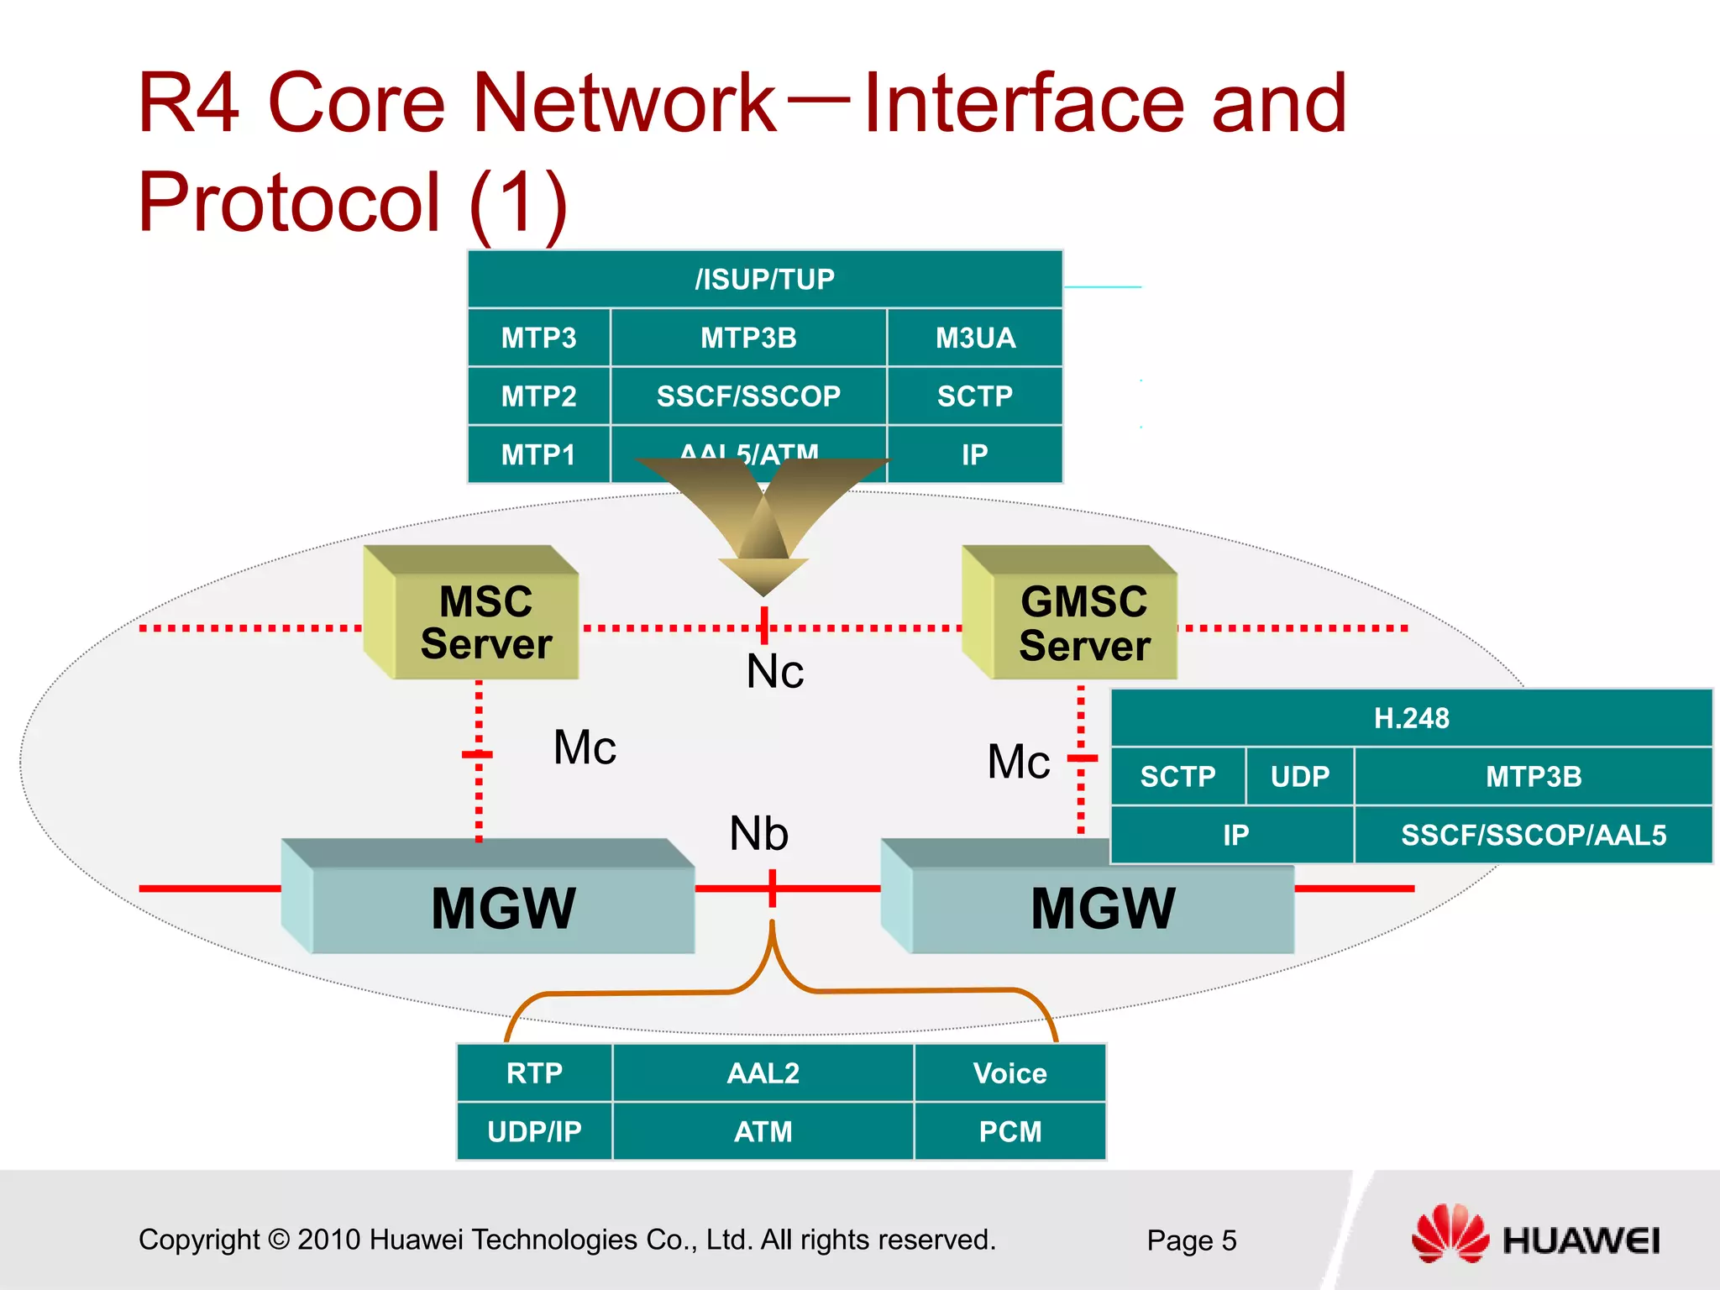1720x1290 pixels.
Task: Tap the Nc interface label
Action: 774,672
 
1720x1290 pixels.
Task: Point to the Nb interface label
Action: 758,834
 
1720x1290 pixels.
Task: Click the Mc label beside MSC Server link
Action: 585,747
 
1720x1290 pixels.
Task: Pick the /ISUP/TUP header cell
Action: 764,279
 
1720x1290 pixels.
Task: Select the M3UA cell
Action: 975,338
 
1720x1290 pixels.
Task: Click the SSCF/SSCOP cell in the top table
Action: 748,396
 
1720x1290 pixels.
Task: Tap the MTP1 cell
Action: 538,454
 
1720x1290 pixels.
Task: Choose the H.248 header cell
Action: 1411,718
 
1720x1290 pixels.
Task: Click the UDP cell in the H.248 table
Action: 1299,777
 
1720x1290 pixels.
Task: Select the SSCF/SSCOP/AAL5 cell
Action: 1533,835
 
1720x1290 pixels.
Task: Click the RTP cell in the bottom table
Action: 534,1073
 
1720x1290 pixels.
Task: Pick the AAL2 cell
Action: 763,1073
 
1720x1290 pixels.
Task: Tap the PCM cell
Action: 1009,1131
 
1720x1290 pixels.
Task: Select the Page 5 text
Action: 1191,1240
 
